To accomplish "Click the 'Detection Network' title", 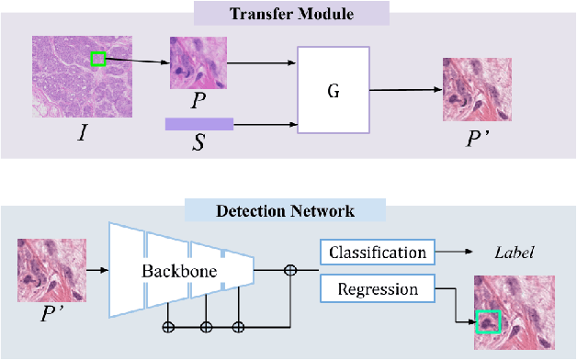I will click(284, 211).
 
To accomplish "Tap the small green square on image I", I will click(98, 60).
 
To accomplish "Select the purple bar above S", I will click(198, 123).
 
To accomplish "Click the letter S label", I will click(197, 145).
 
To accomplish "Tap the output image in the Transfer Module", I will click(470, 90).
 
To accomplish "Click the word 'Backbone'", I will click(171, 273).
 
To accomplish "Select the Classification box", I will click(378, 252).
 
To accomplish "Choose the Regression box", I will click(378, 290).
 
